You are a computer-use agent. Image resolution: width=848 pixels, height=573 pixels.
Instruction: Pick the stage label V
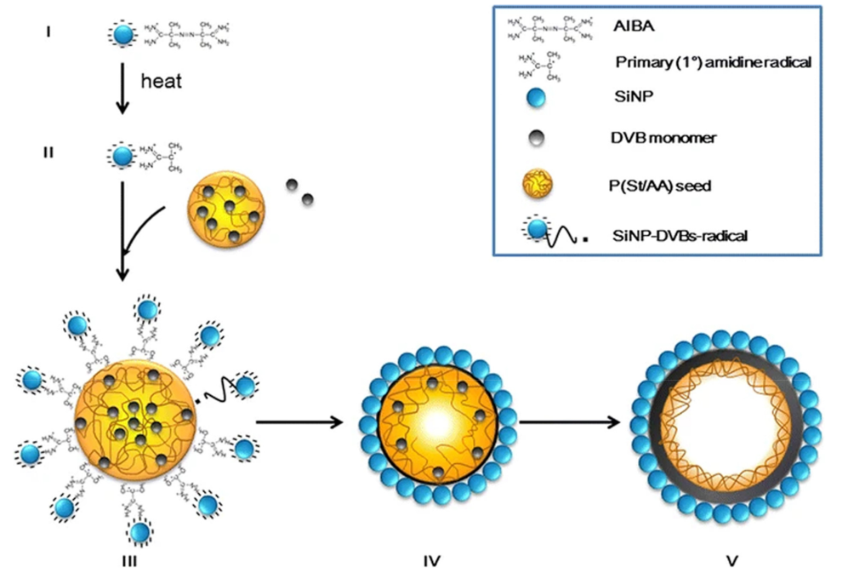coord(726,559)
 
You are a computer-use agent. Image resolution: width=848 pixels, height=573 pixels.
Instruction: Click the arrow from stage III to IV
coord(299,421)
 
